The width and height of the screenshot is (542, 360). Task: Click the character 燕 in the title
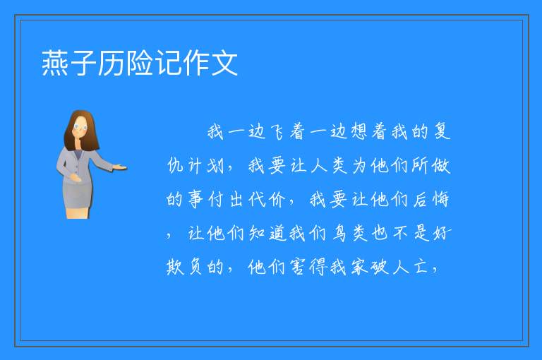[55, 63]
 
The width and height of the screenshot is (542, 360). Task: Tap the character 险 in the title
[140, 63]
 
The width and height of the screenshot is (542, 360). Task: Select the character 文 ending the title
[224, 63]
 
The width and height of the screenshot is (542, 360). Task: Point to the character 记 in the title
[168, 63]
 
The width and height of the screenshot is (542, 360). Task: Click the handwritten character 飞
[277, 132]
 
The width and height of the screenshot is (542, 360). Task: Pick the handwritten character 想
[359, 132]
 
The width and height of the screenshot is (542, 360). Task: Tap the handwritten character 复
[442, 131]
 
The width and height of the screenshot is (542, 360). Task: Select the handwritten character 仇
[175, 165]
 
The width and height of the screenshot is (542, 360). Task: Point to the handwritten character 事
[195, 199]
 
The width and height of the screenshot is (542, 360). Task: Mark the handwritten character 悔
[440, 199]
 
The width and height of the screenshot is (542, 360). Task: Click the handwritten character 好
[442, 233]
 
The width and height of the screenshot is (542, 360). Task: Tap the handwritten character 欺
[175, 267]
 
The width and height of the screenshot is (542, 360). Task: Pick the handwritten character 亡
[421, 267]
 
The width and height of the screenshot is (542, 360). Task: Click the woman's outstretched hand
[121, 168]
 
